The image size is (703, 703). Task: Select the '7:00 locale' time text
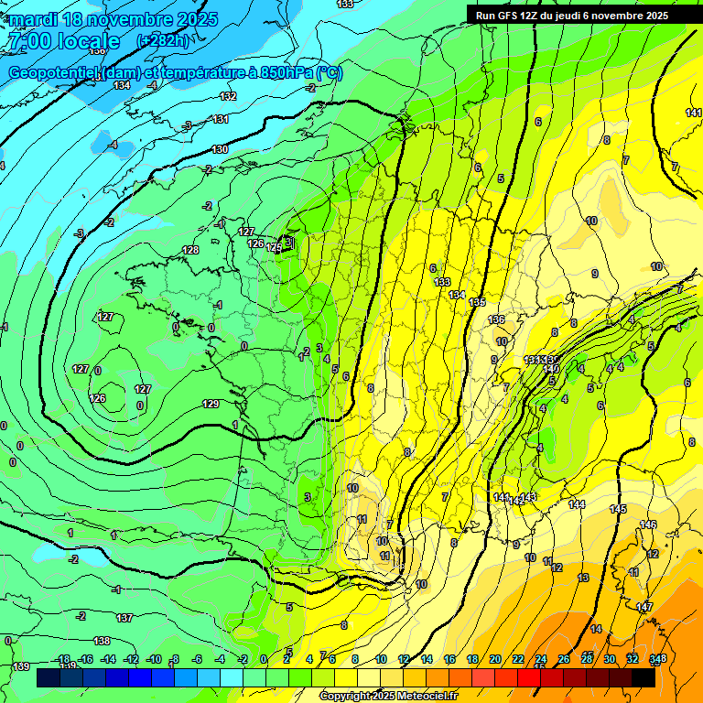pos(62,41)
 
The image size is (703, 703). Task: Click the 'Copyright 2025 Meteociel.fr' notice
pos(388,697)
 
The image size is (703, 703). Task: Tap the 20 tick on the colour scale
pos(495,659)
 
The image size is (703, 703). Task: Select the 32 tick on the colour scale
pos(633,659)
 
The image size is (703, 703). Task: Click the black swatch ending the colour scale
pos(644,677)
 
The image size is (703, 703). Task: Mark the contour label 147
pos(644,607)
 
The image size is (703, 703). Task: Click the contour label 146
pos(648,525)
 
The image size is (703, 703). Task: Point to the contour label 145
pos(618,509)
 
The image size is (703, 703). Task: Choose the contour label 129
pos(211,404)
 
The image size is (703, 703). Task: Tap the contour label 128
pos(190,250)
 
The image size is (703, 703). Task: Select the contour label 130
pos(220,149)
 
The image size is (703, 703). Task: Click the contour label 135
pos(477,302)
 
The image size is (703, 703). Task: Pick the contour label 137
pos(124,619)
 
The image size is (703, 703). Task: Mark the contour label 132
pos(229,95)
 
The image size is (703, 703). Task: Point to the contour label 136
pos(496,319)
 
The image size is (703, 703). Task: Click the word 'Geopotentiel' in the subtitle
pos(54,73)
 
